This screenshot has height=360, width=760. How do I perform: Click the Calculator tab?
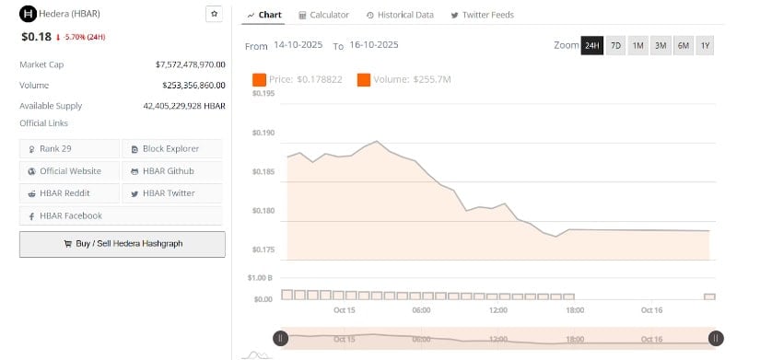323,15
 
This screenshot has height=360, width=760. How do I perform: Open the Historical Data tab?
400,15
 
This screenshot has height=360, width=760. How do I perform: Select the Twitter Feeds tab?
483,15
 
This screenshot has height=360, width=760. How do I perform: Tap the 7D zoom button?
615,45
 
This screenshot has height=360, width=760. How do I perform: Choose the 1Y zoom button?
705,45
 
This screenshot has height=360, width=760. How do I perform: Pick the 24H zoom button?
591,45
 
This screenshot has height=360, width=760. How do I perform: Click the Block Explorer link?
172,148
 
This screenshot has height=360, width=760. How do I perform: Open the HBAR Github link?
172,170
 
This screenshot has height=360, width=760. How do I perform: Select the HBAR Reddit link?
70,193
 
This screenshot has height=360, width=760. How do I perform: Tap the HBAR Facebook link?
70,215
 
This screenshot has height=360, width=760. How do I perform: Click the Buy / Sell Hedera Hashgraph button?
123,244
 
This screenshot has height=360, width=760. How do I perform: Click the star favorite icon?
214,14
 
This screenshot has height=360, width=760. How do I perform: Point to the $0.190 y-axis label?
263,133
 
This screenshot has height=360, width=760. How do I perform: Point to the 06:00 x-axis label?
421,310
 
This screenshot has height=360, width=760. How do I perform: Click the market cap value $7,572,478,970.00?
191,64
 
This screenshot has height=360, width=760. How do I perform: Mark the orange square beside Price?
259,80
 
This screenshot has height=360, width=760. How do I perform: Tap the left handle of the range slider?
281,338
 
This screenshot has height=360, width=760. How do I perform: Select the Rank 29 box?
70,148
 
